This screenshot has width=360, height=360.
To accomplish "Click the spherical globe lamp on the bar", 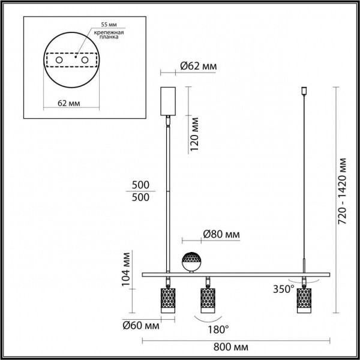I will [x=192, y=262].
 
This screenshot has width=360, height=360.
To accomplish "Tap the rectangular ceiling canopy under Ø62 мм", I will [x=167, y=101].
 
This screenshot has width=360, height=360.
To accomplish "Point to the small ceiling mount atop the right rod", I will [x=304, y=92].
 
